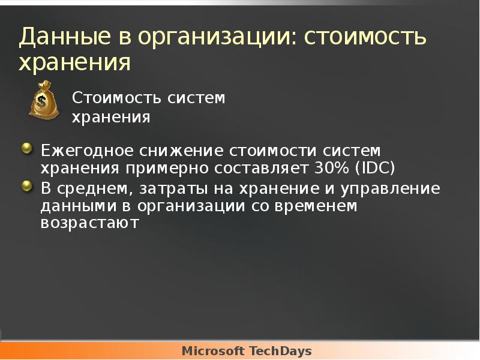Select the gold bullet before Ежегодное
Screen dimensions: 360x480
26,148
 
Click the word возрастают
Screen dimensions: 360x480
89,224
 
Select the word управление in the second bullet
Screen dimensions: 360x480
389,189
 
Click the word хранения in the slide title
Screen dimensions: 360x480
74,63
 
